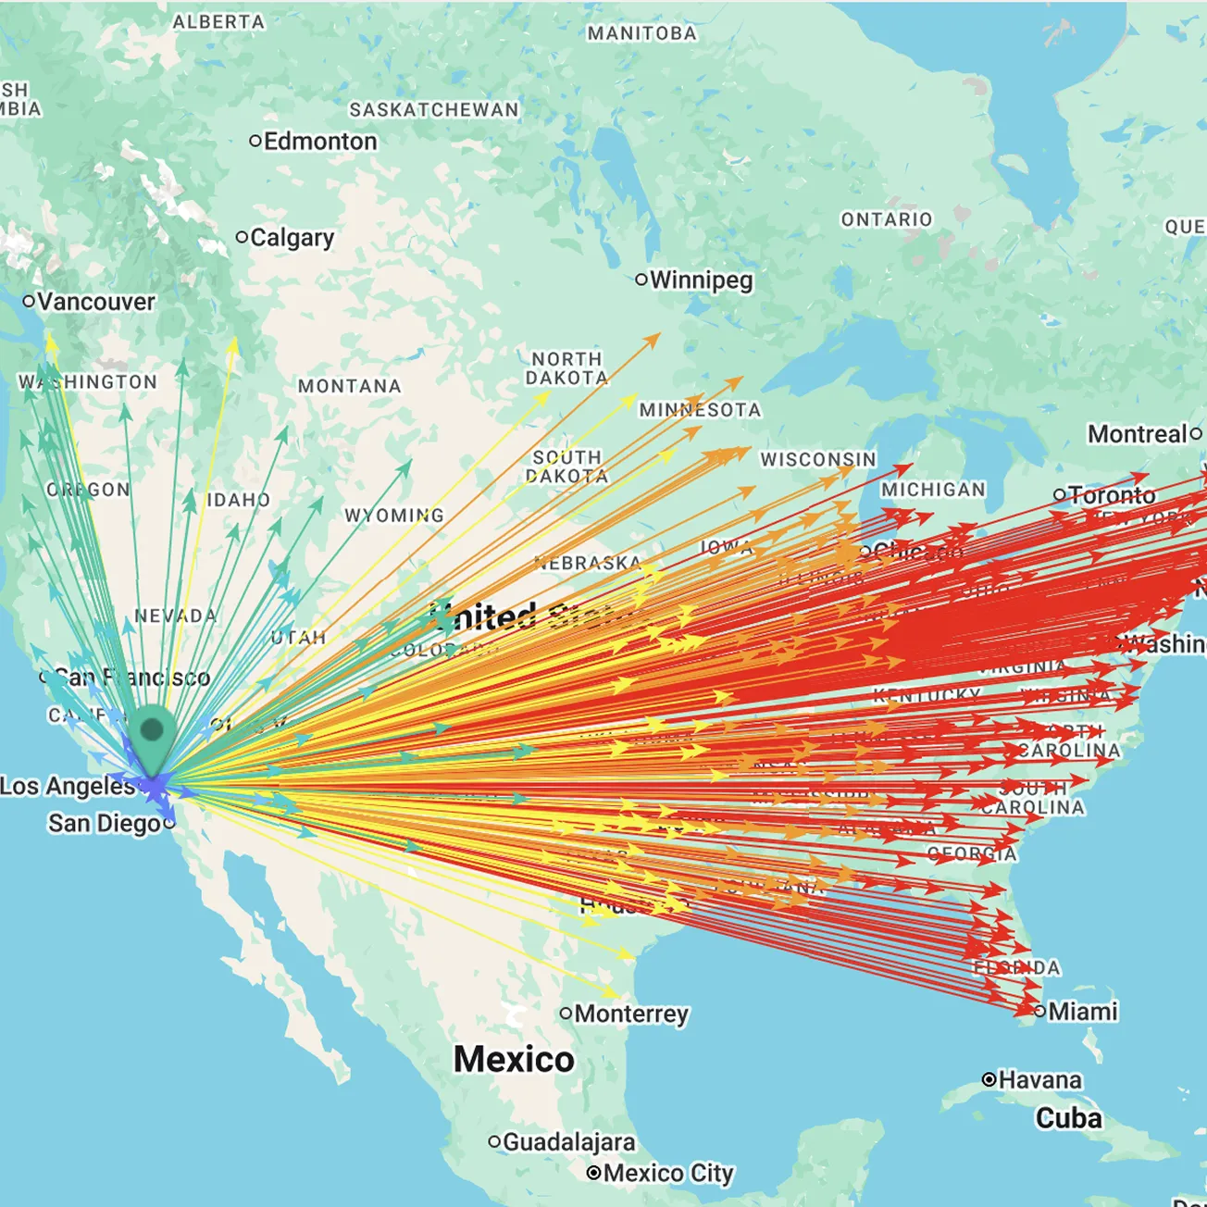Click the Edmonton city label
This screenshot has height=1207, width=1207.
pos(320,142)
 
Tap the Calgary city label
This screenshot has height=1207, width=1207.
pos(292,238)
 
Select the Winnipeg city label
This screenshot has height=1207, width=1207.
pos(701,280)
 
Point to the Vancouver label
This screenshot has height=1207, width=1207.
pos(96,302)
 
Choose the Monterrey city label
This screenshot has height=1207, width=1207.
pos(631,1014)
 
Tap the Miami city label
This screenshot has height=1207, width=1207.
pos(1082,1011)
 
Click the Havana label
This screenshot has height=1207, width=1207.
pos(1039,1080)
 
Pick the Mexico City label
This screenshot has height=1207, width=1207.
pos(668,1173)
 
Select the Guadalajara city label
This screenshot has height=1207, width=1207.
pos(568,1142)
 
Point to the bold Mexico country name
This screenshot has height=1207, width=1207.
pos(514,1059)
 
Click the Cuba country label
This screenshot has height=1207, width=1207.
pos(1068,1118)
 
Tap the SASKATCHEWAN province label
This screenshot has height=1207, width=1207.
pos(434,110)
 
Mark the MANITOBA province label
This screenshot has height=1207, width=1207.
pos(641,33)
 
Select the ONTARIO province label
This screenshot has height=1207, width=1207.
pos(886,219)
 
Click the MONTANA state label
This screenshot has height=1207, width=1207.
pos(350,386)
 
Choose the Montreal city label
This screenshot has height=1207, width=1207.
pos(1138,434)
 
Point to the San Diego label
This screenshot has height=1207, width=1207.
pos(105,823)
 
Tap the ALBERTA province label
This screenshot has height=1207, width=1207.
pos(218,21)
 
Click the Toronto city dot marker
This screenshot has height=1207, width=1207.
pos(1060,495)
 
